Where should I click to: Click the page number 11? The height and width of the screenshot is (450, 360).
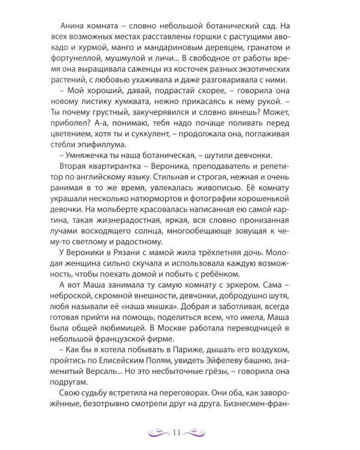point(176,431)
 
